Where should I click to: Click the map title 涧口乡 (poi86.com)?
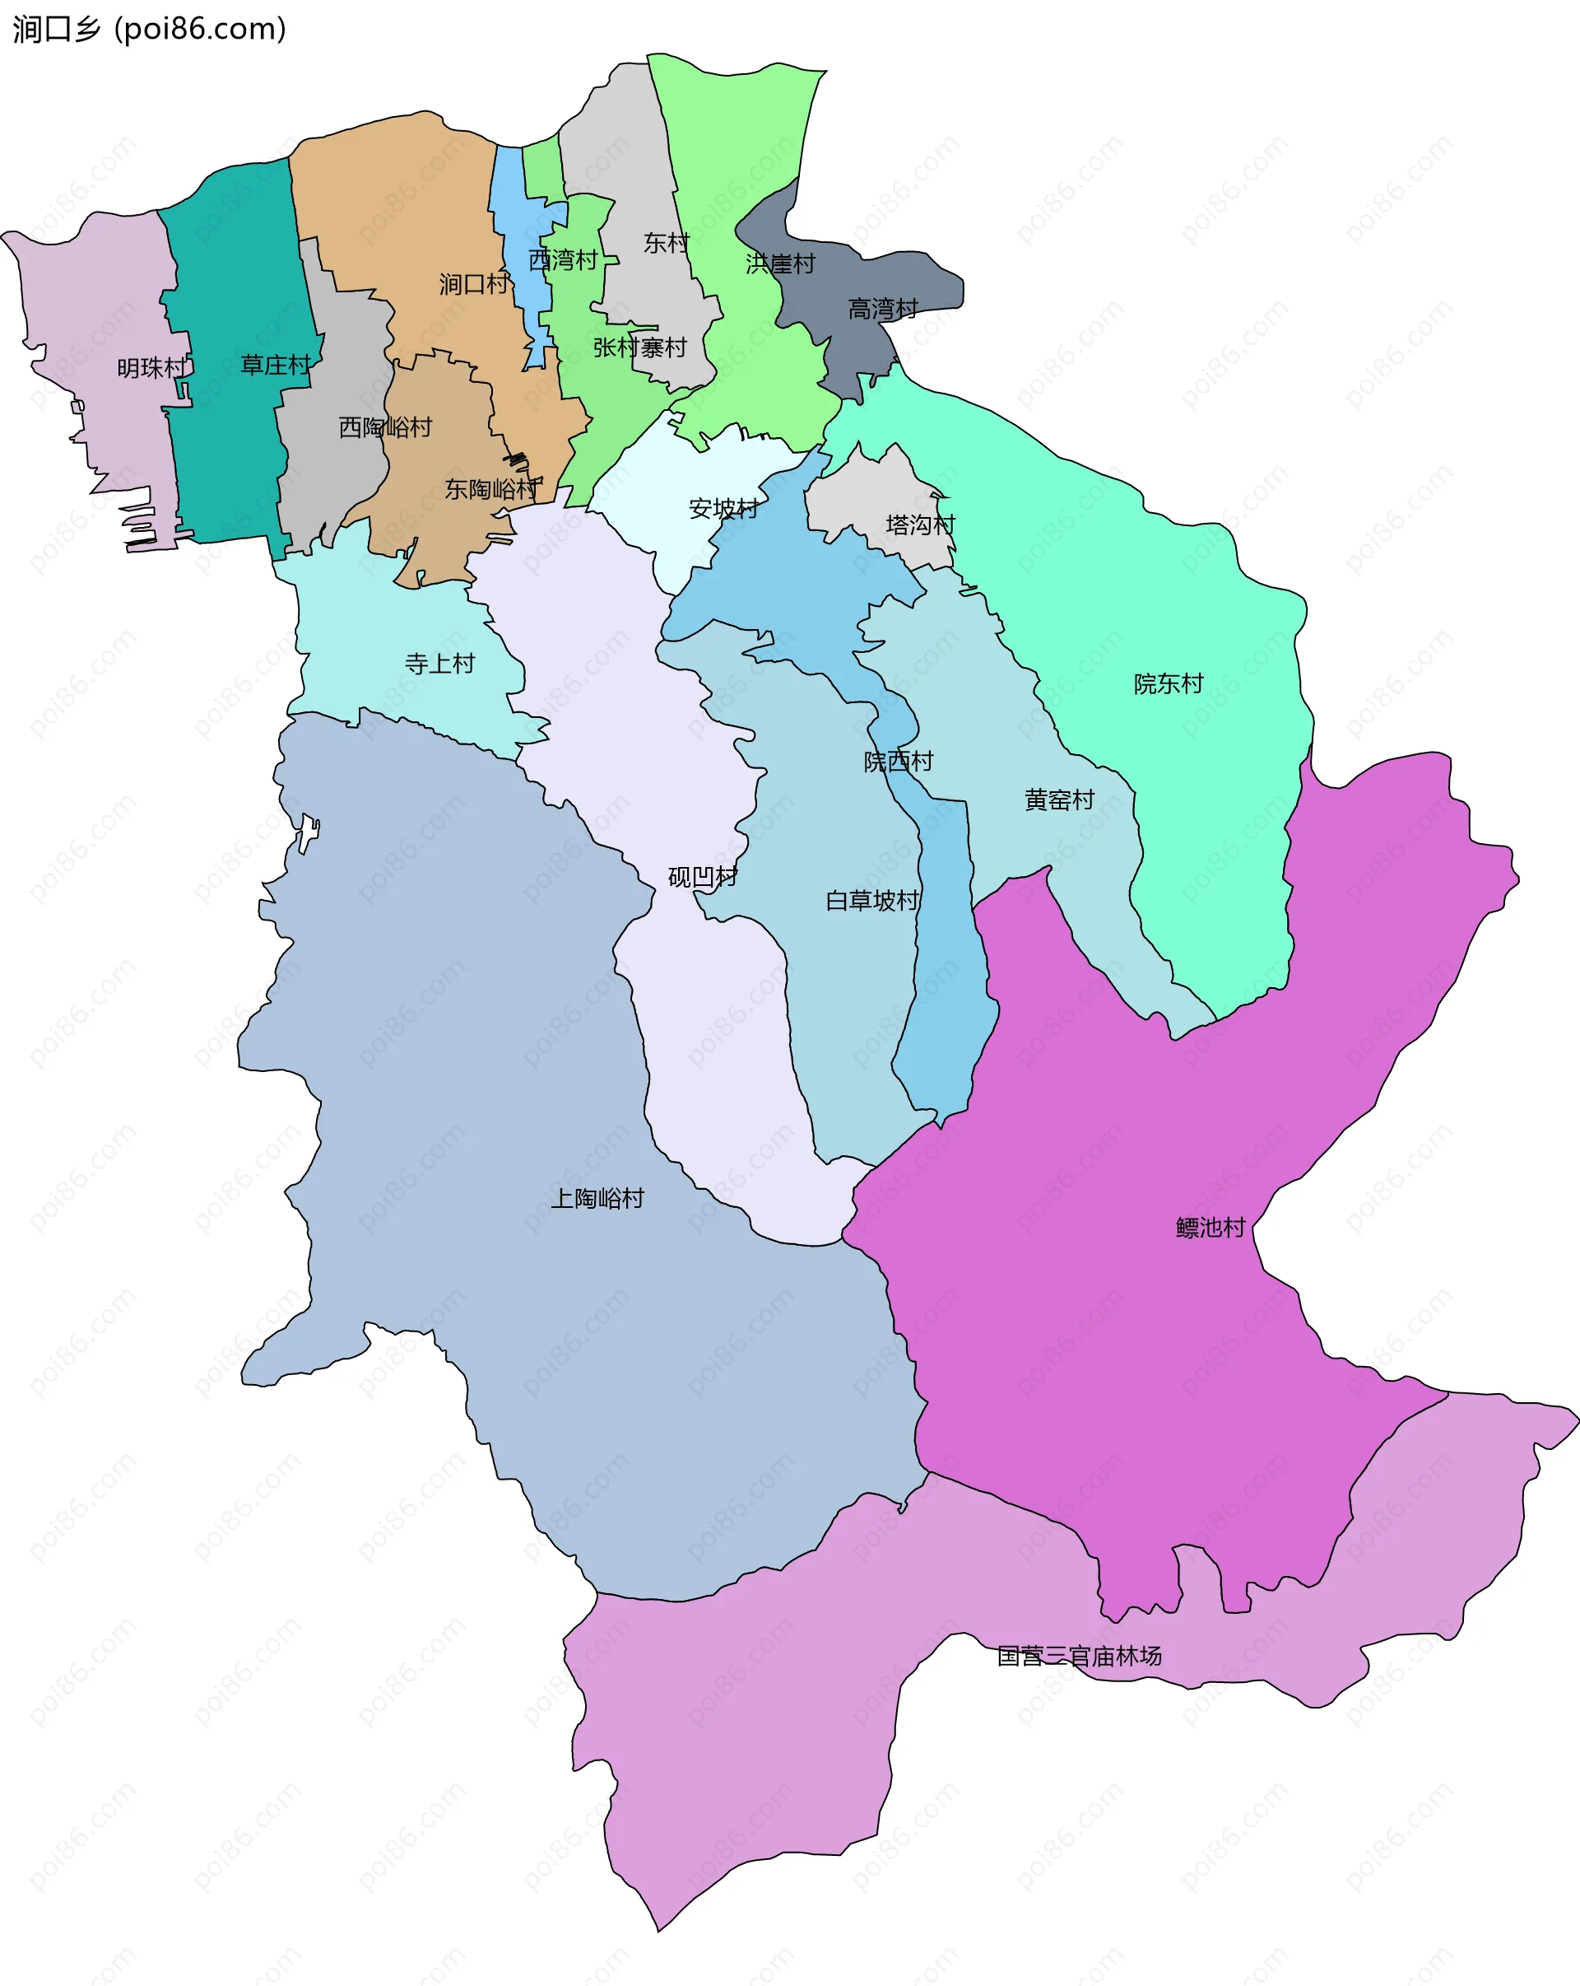149,30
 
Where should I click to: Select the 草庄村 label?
276,366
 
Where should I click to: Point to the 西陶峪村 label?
385,427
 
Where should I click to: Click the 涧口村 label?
473,284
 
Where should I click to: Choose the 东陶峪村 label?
491,489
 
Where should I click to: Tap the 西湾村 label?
563,261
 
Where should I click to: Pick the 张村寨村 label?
640,348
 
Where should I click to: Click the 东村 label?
666,243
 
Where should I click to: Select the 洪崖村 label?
780,264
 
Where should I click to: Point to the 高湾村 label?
882,309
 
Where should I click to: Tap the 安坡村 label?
723,509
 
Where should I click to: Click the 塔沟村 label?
920,525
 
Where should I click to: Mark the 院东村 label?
1169,683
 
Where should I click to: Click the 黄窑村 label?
1059,800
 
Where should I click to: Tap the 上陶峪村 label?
597,1198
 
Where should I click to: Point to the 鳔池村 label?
1210,1227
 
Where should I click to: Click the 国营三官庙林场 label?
1079,1656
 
